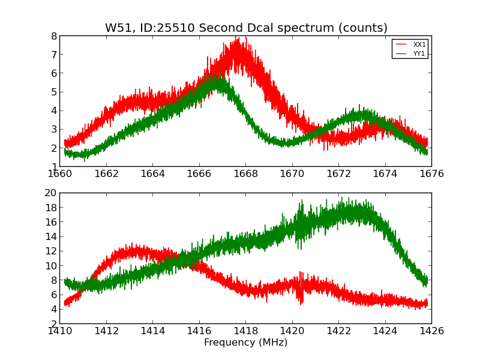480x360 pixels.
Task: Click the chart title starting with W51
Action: [246, 28]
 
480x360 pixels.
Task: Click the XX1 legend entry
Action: [419, 44]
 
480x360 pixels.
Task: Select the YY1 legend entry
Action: [419, 53]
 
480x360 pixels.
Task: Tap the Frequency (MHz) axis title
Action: [245, 343]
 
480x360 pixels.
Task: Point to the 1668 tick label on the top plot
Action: [245, 174]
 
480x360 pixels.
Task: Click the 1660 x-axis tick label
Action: [60, 174]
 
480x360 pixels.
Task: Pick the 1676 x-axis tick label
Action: [431, 174]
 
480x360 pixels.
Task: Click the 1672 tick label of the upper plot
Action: [338, 174]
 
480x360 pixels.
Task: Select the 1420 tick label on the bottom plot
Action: [292, 331]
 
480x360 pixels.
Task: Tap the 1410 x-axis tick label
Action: [60, 331]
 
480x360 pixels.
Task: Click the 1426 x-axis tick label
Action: [431, 331]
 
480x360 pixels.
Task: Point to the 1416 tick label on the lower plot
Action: [199, 331]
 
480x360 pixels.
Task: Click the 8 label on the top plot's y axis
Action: [53, 36]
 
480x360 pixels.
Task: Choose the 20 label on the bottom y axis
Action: [50, 193]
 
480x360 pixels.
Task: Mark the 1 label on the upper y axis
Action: [53, 166]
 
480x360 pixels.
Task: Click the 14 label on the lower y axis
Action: [50, 236]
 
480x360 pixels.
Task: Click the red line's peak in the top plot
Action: [238, 38]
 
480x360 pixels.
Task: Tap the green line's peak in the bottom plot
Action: [341, 198]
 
